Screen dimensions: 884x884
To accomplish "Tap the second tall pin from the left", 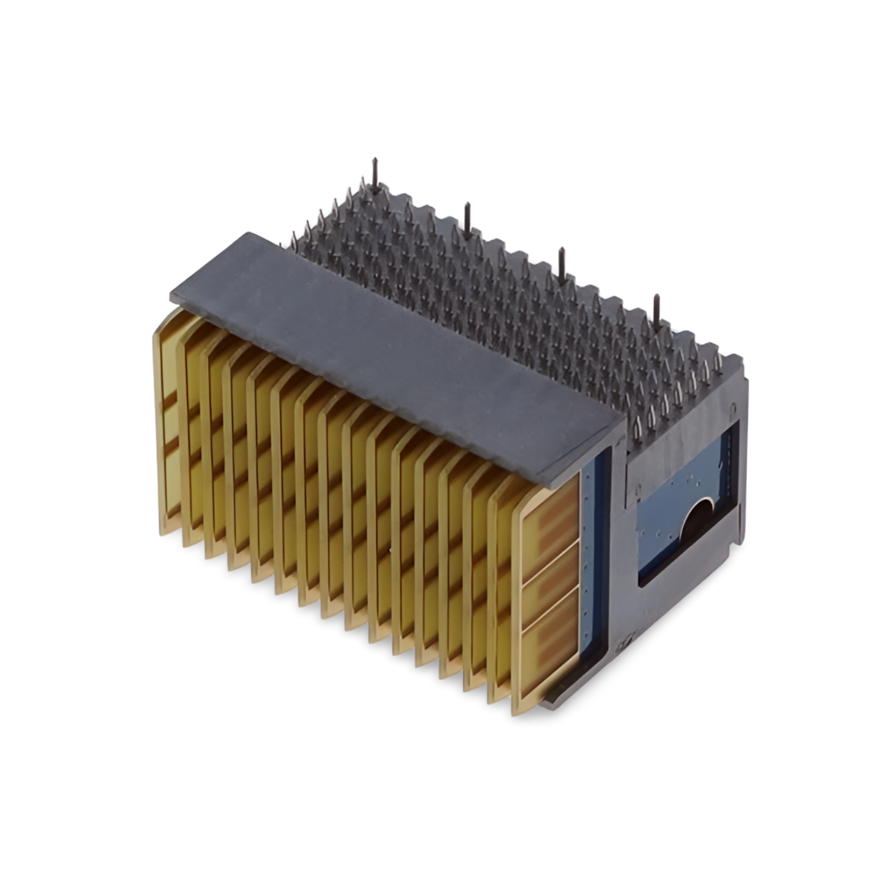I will click(467, 217).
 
